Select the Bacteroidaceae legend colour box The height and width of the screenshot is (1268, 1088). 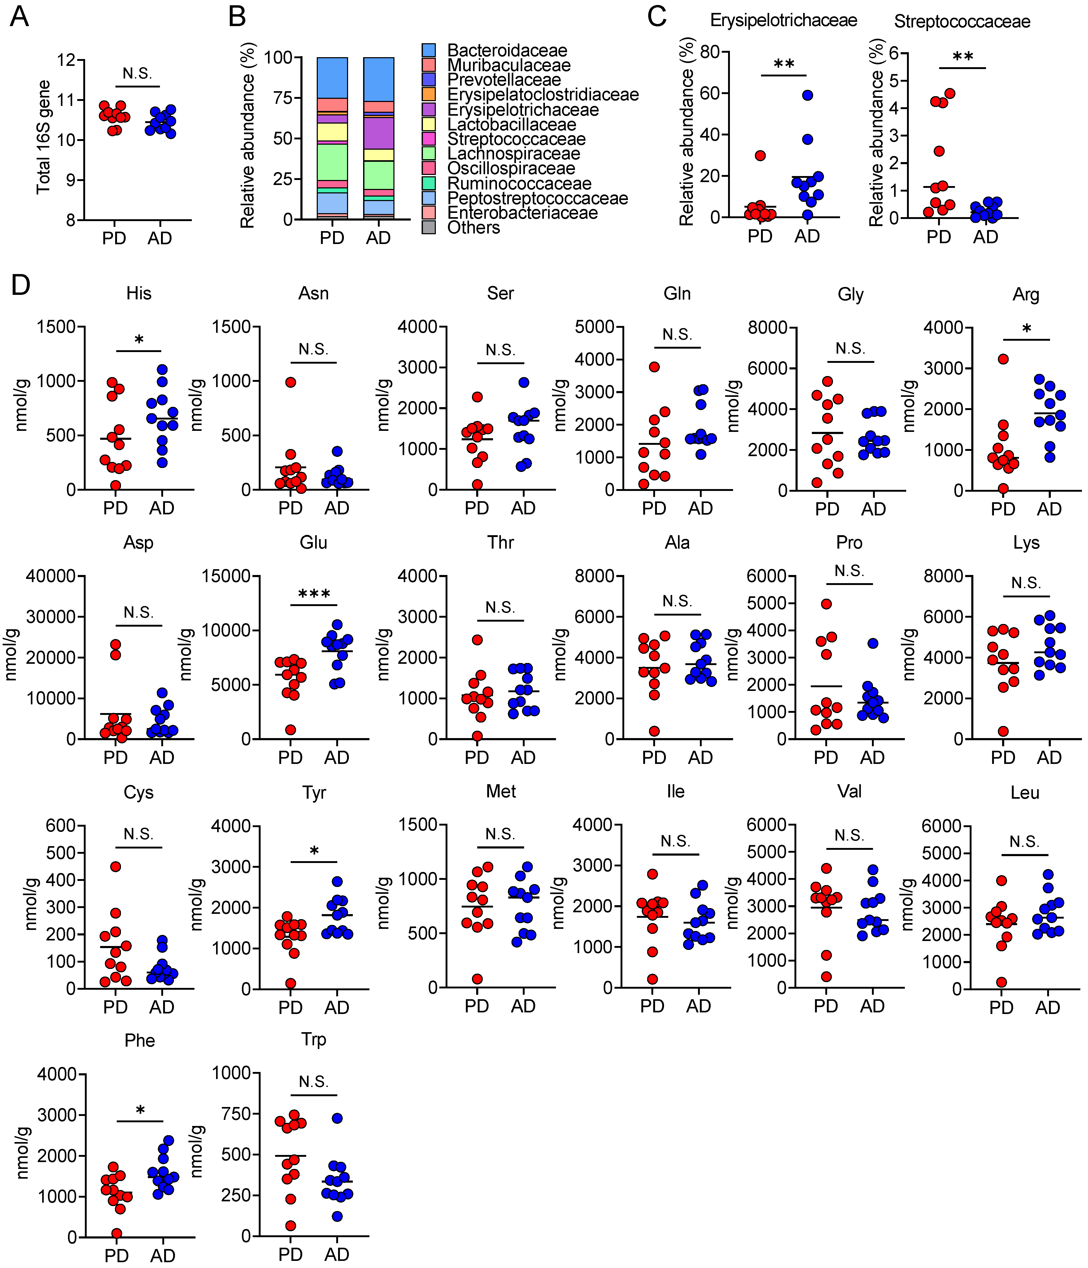point(429,50)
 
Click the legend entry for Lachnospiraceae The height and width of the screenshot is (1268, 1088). point(513,154)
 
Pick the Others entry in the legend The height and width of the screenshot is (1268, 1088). point(473,228)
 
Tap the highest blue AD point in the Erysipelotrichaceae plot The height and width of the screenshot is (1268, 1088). point(808,95)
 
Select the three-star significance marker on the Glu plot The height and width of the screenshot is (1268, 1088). point(314,594)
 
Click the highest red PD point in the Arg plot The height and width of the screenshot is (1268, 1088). point(1003,359)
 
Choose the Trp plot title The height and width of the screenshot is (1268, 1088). point(313,1039)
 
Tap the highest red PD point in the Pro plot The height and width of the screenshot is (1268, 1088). point(826,604)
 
